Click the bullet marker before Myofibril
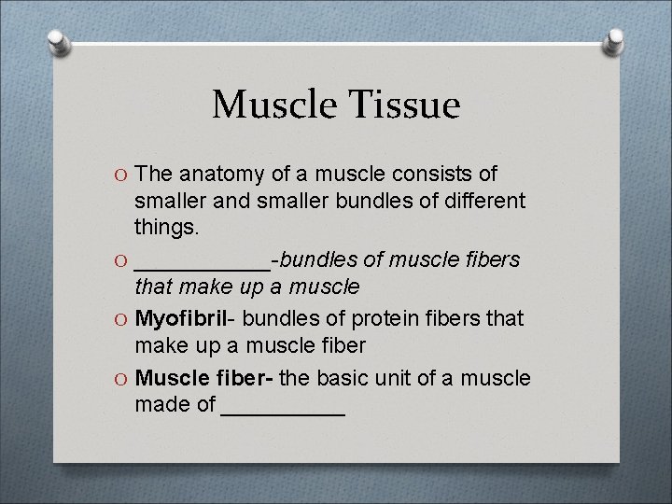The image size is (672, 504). pos(121,319)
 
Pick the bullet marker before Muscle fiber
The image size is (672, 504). pos(121,379)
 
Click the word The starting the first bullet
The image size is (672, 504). pos(153,175)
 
